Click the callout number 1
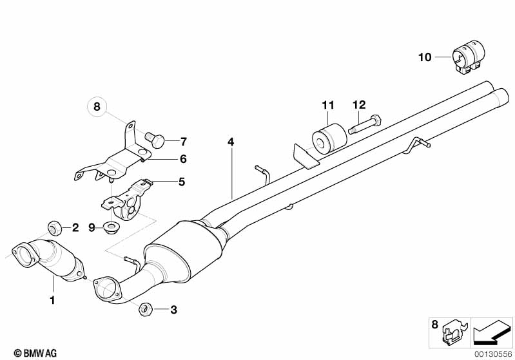click(x=53, y=299)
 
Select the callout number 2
click(x=75, y=227)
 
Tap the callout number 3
click(x=173, y=310)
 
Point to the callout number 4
click(x=229, y=141)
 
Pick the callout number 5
click(x=181, y=182)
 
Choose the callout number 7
click(x=183, y=142)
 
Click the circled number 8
click(x=97, y=107)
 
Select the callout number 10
click(x=424, y=57)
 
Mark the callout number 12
click(x=358, y=104)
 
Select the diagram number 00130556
click(x=492, y=354)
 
